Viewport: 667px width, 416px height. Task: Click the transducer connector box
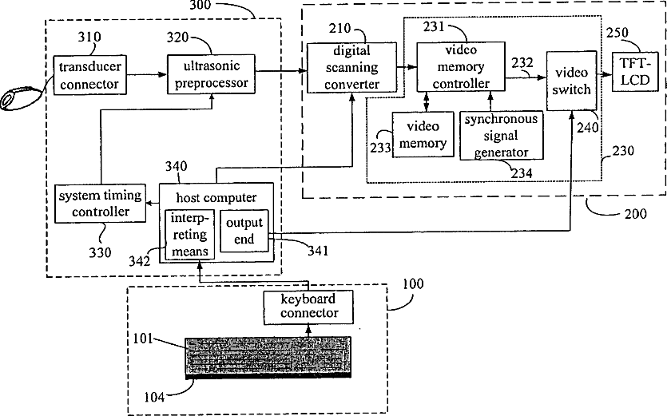point(89,75)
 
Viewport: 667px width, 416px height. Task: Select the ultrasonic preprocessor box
point(211,74)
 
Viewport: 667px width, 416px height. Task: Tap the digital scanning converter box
point(351,67)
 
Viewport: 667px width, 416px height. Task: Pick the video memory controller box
point(461,66)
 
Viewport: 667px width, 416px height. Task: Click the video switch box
point(571,81)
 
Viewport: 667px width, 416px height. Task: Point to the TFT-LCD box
point(635,71)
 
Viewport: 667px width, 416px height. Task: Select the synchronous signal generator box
point(501,135)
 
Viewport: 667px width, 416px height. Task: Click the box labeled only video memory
point(423,134)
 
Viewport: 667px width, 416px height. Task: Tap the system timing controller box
point(101,204)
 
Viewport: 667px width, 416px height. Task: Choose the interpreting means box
point(190,235)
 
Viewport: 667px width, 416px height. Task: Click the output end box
point(244,231)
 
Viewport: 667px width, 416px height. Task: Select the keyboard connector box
point(308,307)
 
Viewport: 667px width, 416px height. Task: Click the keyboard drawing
point(268,357)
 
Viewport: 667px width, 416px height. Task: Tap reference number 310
point(89,37)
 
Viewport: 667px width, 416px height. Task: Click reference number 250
point(617,33)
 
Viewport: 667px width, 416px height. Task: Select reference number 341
point(318,251)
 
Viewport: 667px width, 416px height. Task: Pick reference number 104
point(154,398)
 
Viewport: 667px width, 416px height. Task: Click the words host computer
point(216,198)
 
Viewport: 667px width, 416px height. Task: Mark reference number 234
point(522,173)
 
